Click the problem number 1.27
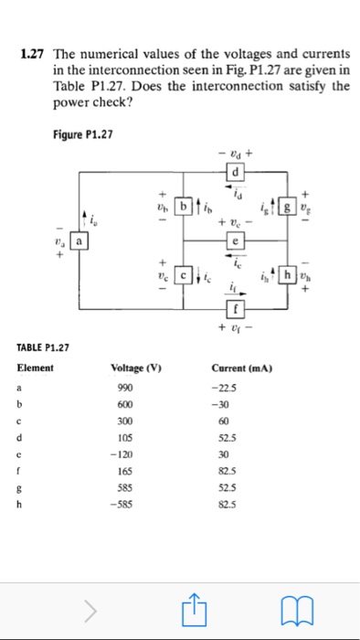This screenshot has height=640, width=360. tap(34, 60)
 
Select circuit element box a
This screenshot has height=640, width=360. tap(80, 243)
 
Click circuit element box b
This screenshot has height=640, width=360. tap(184, 208)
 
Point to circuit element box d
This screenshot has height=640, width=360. tap(237, 173)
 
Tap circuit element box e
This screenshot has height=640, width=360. tap(237, 242)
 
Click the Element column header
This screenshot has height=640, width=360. tap(36, 368)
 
